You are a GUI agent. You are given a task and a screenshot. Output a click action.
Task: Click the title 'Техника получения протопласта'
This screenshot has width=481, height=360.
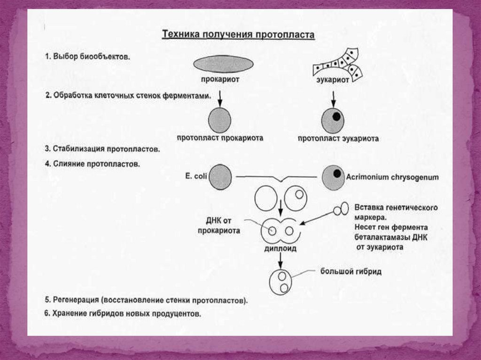click(x=238, y=35)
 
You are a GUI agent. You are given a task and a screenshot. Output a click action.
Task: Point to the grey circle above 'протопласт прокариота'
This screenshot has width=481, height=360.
click(x=219, y=120)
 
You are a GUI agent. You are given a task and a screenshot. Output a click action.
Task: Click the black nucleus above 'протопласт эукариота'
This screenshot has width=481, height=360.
click(x=336, y=116)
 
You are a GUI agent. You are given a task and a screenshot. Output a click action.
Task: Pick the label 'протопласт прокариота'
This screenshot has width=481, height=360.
click(x=220, y=138)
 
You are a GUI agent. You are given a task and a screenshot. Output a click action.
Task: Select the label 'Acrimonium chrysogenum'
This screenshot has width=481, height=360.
click(x=392, y=177)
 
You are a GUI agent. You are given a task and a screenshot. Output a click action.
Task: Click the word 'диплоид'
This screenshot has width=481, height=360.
click(x=280, y=248)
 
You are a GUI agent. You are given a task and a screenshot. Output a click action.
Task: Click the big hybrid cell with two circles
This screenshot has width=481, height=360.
click(x=281, y=282)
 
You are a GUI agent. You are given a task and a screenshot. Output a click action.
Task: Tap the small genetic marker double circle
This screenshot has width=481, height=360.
click(x=341, y=209)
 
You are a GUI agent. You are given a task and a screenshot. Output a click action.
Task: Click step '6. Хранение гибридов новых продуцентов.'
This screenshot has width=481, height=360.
click(x=123, y=314)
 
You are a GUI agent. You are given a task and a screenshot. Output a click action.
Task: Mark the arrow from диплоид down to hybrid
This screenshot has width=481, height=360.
click(x=280, y=260)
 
